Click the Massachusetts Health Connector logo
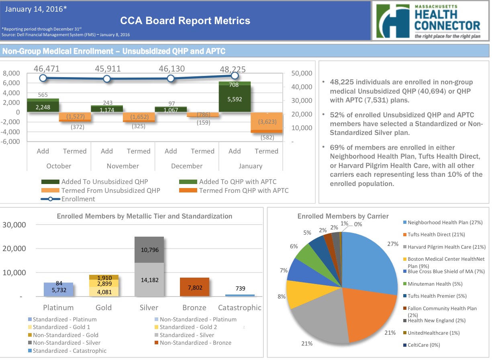coord(431,20)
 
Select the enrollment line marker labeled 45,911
coord(107,79)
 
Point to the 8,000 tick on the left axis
coord(11,74)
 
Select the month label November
coord(123,166)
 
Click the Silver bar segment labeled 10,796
coord(149,250)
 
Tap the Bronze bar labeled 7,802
coord(194,287)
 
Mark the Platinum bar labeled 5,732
coord(59,289)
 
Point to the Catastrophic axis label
coord(239,308)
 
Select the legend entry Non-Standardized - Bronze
coord(195,343)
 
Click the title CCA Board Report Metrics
coord(185,21)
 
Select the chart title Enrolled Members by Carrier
coord(343,216)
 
